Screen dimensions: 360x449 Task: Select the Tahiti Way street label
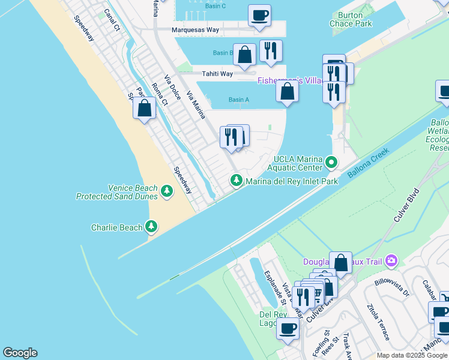coord(217,74)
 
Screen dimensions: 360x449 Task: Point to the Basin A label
coord(238,100)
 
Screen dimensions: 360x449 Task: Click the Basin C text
coord(215,6)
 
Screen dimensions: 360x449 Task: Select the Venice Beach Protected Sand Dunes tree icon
coord(166,192)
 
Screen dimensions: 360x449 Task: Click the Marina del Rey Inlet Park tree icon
coord(237,181)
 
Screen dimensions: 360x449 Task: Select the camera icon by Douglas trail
coord(391,260)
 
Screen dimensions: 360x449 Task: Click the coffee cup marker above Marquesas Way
coord(259,16)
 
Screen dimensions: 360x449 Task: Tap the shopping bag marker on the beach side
coord(144,109)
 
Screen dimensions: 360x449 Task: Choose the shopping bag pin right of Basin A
coord(288,92)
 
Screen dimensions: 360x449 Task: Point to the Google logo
coord(20,353)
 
